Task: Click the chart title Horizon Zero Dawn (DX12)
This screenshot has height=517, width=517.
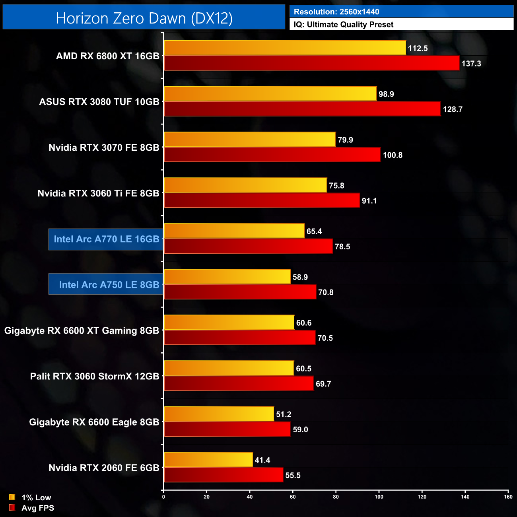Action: [x=144, y=18]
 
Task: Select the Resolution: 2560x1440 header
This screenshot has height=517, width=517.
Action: [x=336, y=12]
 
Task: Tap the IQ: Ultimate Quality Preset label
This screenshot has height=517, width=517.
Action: [x=344, y=25]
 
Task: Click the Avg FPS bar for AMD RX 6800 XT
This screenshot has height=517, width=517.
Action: [x=311, y=63]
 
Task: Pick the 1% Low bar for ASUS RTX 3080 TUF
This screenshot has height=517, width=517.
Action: [x=270, y=94]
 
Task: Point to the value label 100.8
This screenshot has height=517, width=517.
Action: [x=393, y=155]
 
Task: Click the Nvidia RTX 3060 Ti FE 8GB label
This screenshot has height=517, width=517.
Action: [x=98, y=193]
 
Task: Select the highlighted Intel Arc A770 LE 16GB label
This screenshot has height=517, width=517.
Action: [x=106, y=239]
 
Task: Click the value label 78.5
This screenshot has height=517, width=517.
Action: [x=342, y=247]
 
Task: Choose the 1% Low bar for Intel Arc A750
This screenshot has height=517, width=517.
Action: [x=227, y=277]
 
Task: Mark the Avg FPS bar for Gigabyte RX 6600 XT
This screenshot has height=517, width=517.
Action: [x=239, y=338]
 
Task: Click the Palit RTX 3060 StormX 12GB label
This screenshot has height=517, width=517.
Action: [x=95, y=376]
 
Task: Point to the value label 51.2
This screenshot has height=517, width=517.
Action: [x=284, y=414]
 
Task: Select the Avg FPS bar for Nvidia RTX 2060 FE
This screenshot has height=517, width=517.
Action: [x=224, y=475]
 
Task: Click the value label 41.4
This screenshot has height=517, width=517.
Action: [x=262, y=460]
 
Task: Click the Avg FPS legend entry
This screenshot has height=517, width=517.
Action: [x=31, y=508]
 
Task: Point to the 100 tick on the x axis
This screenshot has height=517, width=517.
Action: [x=379, y=497]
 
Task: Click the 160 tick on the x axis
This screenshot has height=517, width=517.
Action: [x=508, y=497]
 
